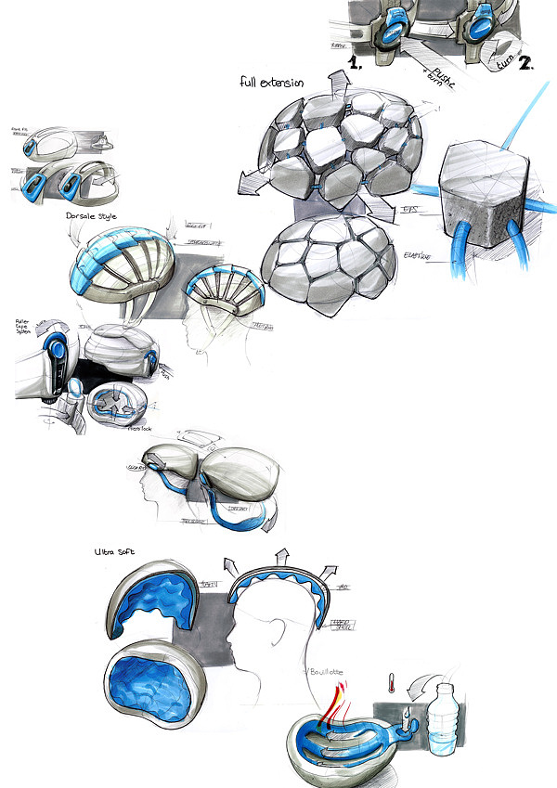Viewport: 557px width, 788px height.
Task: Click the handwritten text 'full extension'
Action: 270,83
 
